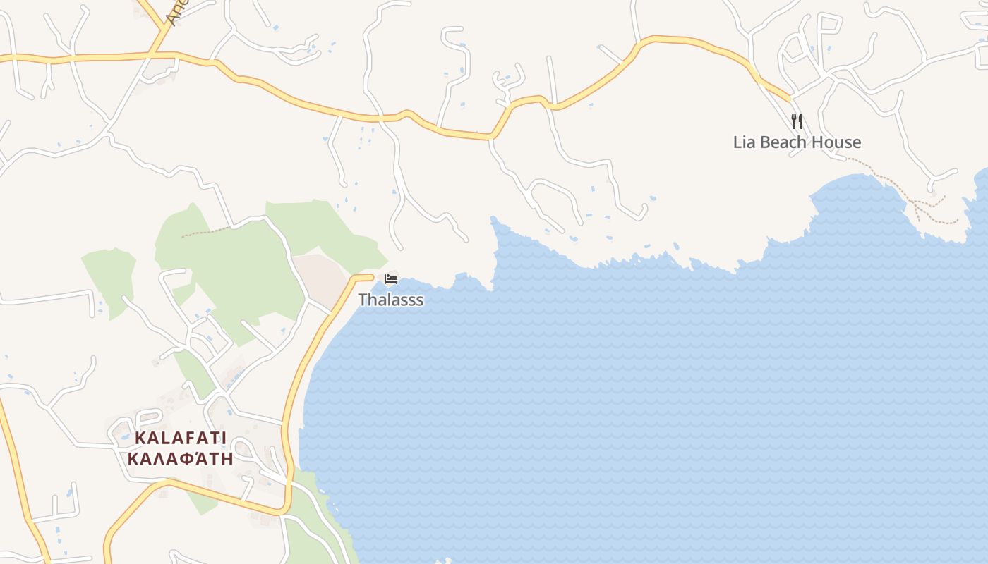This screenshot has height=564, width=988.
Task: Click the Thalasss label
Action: [390, 300]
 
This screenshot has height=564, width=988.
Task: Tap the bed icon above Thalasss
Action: [391, 279]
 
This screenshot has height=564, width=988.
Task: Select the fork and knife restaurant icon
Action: [797, 121]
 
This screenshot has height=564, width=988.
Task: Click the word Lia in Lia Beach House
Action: [745, 142]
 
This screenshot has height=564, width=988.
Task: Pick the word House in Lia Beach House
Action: [838, 142]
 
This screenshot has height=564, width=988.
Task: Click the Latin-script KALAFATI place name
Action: [180, 438]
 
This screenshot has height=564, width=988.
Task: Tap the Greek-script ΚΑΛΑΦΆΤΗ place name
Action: [180, 458]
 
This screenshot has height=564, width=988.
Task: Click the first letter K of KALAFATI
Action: [140, 438]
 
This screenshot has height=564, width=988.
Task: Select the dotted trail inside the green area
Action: [205, 231]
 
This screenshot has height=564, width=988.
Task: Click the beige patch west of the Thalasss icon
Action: [321, 278]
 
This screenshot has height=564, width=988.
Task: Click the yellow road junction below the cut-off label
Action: [151, 54]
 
